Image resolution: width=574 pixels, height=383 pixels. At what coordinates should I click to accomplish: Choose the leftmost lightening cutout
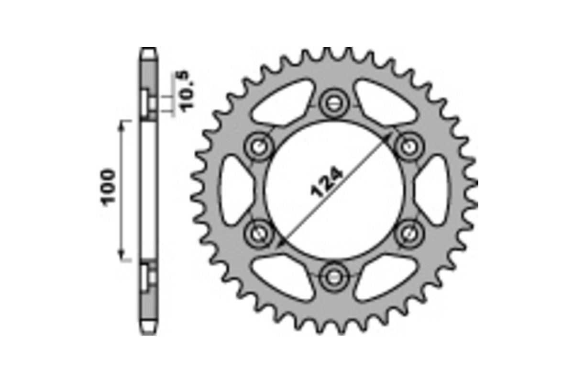coord(235,190)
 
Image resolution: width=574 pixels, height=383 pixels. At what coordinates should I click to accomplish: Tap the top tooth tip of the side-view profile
coord(149,49)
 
